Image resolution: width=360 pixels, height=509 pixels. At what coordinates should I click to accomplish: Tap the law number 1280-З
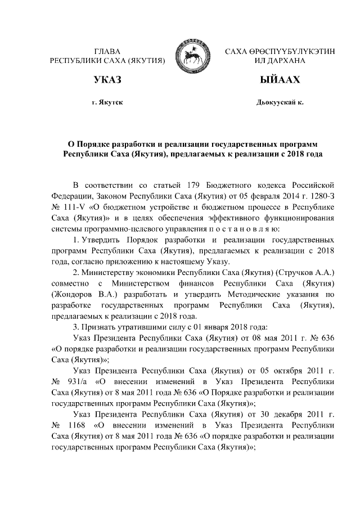323,195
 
